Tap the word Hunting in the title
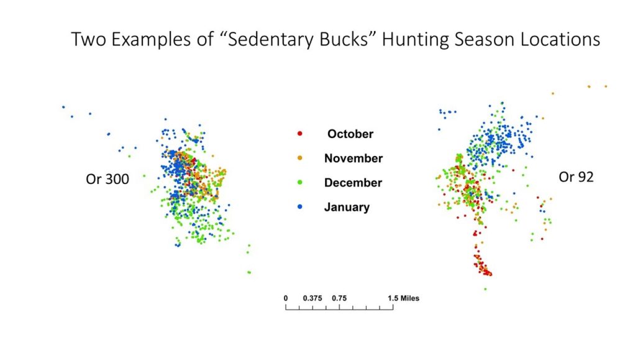tap(424, 39)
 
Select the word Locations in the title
tap(559, 39)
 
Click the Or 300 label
tap(107, 180)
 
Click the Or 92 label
tap(576, 177)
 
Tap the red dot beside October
tap(300, 134)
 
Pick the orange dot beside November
tap(300, 159)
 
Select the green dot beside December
tap(300, 183)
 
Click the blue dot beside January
tap(300, 207)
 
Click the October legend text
tap(350, 134)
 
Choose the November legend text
tap(353, 159)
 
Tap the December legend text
tap(353, 183)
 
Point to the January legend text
tap(347, 207)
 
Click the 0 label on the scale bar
tap(286, 298)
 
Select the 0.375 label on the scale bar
tap(313, 298)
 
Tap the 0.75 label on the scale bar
tap(339, 298)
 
